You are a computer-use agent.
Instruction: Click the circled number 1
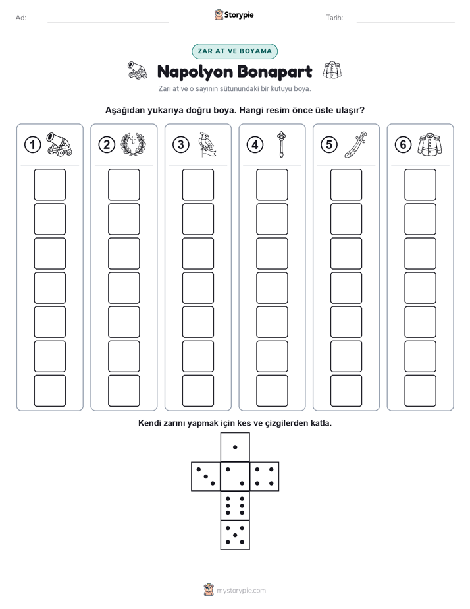[x=32, y=145]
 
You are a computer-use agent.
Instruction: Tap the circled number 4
[x=255, y=145]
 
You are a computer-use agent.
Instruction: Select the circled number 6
[x=403, y=145]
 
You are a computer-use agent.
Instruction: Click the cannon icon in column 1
[x=59, y=144]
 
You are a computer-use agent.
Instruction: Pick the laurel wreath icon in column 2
[x=133, y=144]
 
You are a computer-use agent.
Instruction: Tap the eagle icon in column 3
[x=207, y=144]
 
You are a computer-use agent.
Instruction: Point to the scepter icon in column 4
[x=281, y=144]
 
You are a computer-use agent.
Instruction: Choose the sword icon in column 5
[x=355, y=144]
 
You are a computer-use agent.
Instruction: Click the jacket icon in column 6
[x=430, y=144]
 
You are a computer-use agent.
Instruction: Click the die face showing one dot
[x=235, y=448]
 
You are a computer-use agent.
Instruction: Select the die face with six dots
[x=235, y=506]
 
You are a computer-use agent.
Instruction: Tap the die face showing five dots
[x=235, y=535]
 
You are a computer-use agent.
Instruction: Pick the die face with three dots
[x=206, y=477]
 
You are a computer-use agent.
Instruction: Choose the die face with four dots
[x=264, y=477]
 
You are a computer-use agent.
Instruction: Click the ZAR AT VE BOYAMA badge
[x=234, y=51]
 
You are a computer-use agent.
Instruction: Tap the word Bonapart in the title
[x=274, y=72]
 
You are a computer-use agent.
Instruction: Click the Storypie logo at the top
[x=234, y=15]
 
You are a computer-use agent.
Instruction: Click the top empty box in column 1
[x=49, y=185]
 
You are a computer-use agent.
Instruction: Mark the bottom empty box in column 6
[x=420, y=391]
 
